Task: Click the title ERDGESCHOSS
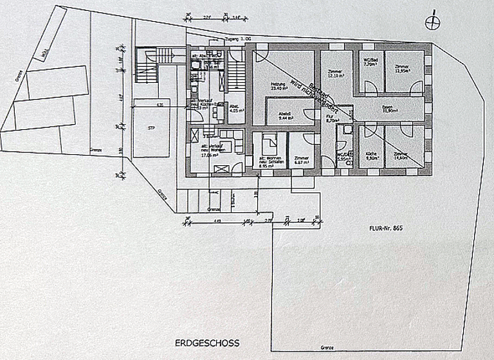tap(206, 343)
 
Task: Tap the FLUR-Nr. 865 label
tap(385, 228)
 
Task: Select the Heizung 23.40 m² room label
tap(278, 87)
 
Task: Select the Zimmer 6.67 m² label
tap(302, 159)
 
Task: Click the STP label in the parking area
tap(151, 129)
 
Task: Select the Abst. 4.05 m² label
tap(235, 108)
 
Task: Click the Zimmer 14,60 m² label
tap(401, 156)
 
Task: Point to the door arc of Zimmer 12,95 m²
tap(416, 86)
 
